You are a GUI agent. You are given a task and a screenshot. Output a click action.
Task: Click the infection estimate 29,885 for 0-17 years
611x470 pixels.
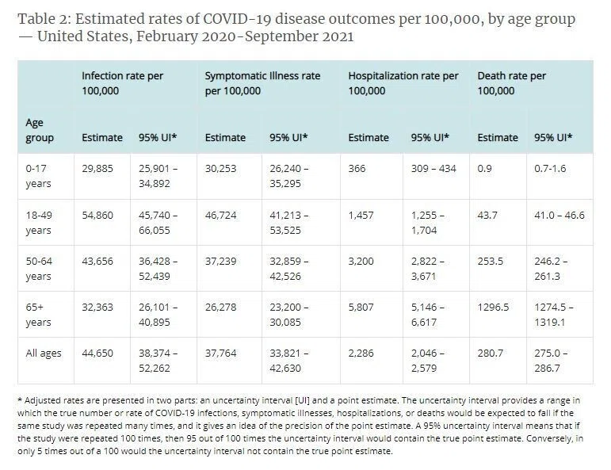[97, 169]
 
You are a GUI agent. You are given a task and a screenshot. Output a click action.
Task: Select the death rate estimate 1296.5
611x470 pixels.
[494, 308]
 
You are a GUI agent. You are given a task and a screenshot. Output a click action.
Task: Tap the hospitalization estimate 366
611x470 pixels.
[357, 169]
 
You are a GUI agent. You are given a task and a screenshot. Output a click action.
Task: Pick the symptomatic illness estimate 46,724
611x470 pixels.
[221, 215]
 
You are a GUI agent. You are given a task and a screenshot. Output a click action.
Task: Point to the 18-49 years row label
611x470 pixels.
[39, 223]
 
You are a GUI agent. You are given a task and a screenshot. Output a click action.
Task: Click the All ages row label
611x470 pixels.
[44, 353]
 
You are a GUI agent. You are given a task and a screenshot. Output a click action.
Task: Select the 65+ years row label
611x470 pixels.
[38, 315]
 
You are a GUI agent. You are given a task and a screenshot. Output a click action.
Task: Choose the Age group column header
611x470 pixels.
[40, 130]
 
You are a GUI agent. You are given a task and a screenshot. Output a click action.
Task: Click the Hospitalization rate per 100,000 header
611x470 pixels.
[403, 83]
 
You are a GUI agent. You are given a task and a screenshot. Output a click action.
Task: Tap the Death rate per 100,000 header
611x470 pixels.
[512, 83]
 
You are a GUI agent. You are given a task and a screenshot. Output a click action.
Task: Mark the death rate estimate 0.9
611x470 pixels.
[485, 169]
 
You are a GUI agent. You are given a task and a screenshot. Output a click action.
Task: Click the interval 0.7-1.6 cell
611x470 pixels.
[550, 169]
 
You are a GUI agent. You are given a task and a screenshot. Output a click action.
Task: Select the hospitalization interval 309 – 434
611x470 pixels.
[433, 169]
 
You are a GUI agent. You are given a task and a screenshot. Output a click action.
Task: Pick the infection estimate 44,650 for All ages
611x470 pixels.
[97, 353]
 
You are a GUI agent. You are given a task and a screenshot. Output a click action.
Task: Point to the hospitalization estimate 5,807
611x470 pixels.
[361, 308]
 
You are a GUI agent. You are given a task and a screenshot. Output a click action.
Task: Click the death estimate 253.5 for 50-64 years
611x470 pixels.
[491, 261]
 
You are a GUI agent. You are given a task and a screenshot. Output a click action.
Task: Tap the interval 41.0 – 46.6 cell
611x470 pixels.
[559, 215]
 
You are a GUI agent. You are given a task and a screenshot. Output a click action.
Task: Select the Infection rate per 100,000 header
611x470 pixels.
[122, 83]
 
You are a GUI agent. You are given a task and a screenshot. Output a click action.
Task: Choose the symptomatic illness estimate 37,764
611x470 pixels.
[221, 353]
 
